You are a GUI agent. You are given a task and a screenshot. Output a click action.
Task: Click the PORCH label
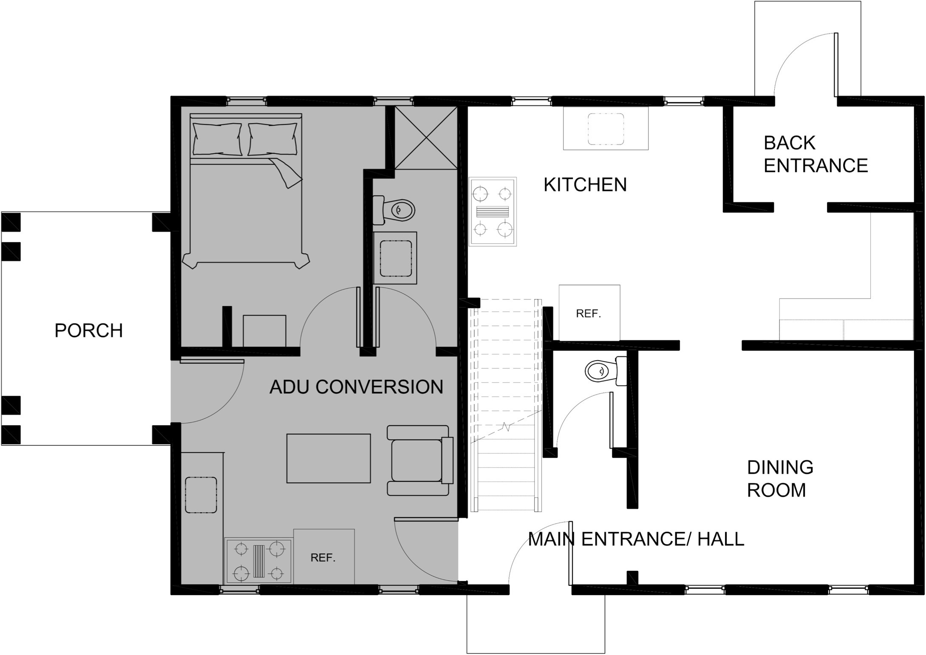click(88, 330)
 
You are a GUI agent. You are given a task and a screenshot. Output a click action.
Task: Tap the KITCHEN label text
click(585, 185)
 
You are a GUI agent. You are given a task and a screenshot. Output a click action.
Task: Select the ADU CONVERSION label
click(356, 387)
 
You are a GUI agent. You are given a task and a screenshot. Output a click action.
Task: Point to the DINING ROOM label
click(780, 479)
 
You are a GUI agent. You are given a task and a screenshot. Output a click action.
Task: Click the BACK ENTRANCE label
click(815, 154)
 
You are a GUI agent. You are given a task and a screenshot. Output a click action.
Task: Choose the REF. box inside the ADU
click(324, 556)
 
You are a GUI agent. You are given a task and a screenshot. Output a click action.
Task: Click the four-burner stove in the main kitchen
click(493, 211)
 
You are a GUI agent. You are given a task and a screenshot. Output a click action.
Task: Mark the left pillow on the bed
click(217, 139)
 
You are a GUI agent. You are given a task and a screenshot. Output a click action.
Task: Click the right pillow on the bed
click(272, 139)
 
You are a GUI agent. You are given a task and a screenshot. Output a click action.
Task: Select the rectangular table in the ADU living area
click(328, 458)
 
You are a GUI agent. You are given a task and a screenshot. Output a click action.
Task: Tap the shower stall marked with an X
click(426, 137)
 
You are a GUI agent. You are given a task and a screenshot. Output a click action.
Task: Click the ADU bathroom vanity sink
click(395, 258)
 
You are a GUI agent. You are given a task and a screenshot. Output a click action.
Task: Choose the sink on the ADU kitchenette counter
click(201, 495)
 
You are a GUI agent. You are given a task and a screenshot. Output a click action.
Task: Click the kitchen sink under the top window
click(606, 128)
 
